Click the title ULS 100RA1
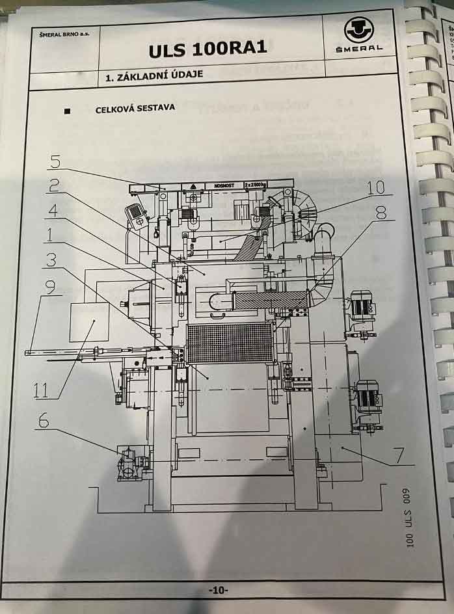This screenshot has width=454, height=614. coord(207,50)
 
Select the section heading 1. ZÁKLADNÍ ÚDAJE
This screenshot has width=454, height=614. coord(154,75)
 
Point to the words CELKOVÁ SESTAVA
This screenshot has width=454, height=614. coord(135,108)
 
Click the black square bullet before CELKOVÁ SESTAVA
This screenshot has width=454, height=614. coord(67,111)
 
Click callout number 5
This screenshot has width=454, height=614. coord(56,160)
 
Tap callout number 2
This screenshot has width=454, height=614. coord(56,185)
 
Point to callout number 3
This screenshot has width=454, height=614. coord(50,259)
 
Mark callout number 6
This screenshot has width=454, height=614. coord(43,421)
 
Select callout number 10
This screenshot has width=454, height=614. coord(376,187)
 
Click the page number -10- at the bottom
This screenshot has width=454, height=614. coord(218,590)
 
